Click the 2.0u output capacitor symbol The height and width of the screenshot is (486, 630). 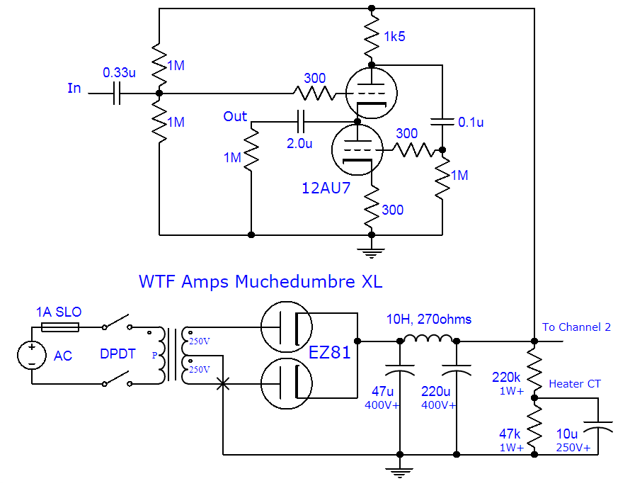[302, 122]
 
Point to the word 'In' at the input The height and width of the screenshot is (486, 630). [74, 89]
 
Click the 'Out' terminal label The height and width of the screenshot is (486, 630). [235, 116]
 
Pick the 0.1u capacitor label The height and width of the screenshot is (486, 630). [471, 122]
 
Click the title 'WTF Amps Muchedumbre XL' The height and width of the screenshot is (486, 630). [260, 281]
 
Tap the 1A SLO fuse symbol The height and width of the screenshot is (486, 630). [60, 327]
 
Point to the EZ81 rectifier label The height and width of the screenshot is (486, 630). [329, 352]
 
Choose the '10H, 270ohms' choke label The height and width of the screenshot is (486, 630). [428, 320]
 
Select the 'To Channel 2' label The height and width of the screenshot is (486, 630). [576, 327]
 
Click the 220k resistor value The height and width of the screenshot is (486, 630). [507, 377]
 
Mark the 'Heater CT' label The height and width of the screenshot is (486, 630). [575, 384]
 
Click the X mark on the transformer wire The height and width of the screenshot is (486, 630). [223, 383]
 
